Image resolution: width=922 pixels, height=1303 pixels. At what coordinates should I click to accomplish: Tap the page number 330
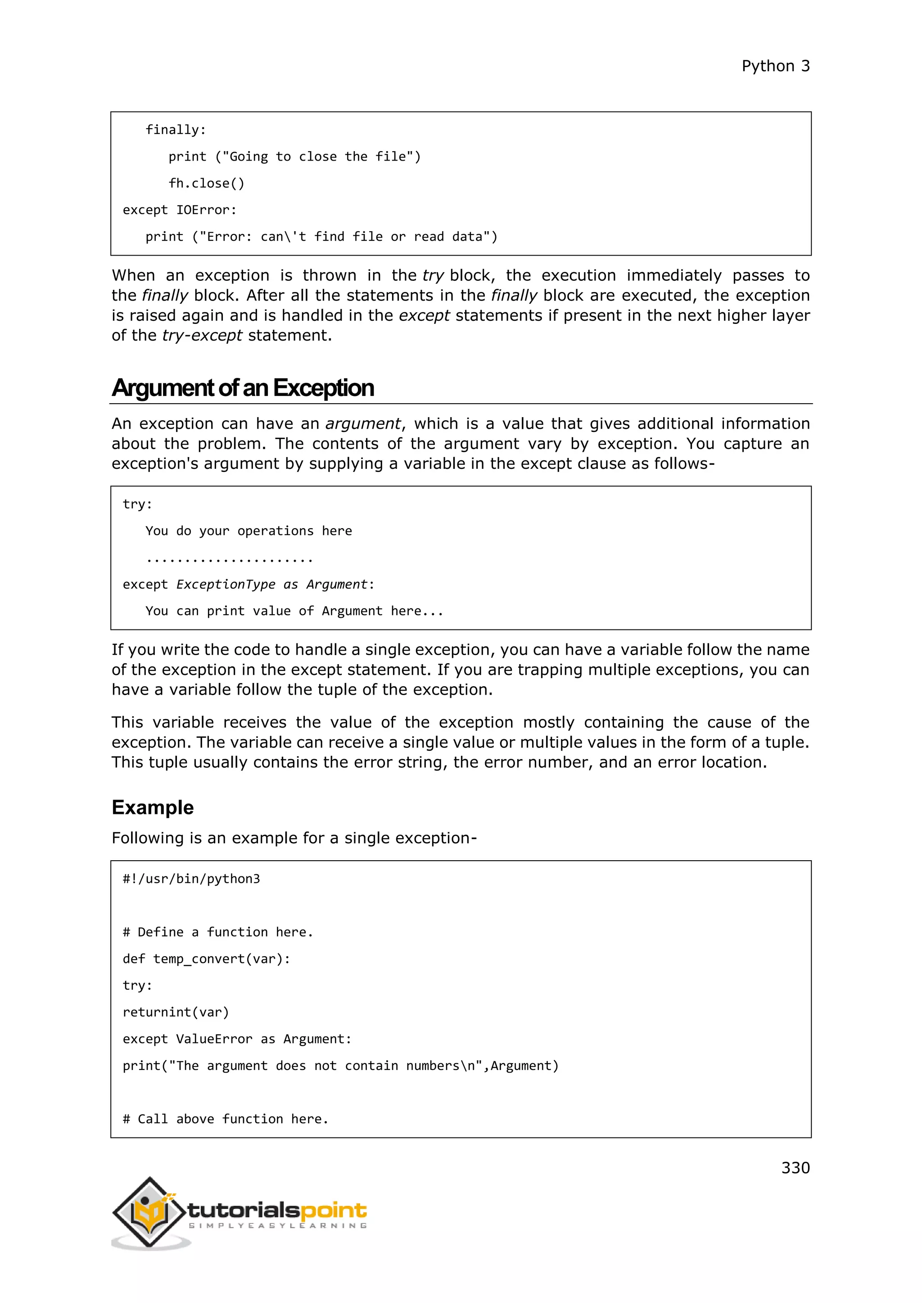tap(795, 1168)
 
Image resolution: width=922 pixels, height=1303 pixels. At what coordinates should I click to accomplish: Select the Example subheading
tap(152, 807)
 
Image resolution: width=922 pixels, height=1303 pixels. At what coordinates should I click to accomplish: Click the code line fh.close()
tap(206, 183)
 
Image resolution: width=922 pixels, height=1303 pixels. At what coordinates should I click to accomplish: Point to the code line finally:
tap(176, 130)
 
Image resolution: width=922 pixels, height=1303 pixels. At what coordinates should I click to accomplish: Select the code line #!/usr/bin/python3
tap(191, 879)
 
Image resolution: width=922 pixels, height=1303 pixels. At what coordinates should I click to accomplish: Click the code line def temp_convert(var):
tap(206, 959)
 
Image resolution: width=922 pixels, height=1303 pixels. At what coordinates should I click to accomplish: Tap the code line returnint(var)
tap(176, 1012)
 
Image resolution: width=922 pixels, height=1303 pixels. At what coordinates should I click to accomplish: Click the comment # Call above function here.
tap(226, 1119)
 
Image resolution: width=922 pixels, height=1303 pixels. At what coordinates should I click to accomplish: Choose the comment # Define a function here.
tap(217, 932)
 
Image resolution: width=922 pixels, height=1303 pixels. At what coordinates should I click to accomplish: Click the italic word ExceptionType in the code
tap(226, 584)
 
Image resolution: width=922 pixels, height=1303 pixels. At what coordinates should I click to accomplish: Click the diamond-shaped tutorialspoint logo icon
tap(149, 1212)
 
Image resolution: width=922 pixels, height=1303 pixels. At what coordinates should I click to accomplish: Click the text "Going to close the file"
tap(318, 157)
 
